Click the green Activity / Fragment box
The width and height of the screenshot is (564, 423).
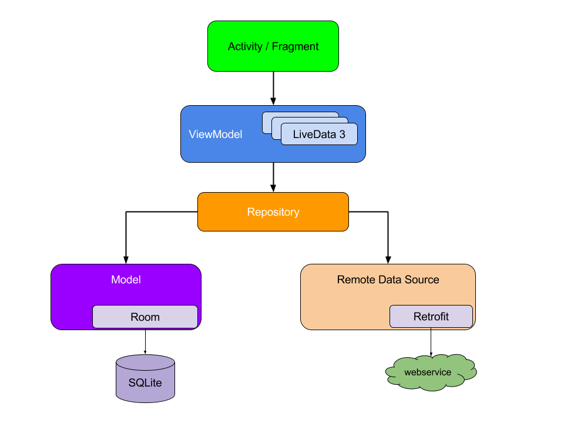[x=273, y=46]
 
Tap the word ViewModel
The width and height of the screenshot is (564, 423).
[x=215, y=135]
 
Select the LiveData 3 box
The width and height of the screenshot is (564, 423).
[x=319, y=134]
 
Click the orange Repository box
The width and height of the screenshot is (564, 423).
[x=273, y=212]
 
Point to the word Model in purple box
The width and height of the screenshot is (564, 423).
[x=126, y=280]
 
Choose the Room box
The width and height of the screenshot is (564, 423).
[x=145, y=317]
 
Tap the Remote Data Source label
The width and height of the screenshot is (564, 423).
[x=388, y=280]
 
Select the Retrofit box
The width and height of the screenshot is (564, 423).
[x=431, y=317]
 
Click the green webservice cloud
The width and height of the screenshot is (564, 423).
[x=431, y=372]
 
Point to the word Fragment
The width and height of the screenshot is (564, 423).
[x=295, y=46]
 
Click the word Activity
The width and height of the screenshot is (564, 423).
[x=245, y=46]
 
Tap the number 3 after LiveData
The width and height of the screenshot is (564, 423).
[x=342, y=134]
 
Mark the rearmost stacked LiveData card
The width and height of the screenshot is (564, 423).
[x=300, y=115]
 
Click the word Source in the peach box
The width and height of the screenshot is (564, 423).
[x=422, y=280]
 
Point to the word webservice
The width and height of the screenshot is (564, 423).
[x=428, y=372]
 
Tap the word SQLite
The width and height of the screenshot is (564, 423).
[x=145, y=383]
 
